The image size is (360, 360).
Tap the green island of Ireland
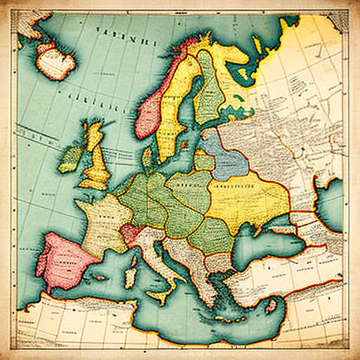71,159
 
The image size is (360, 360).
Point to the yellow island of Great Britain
96,158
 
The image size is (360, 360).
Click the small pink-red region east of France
131,233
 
